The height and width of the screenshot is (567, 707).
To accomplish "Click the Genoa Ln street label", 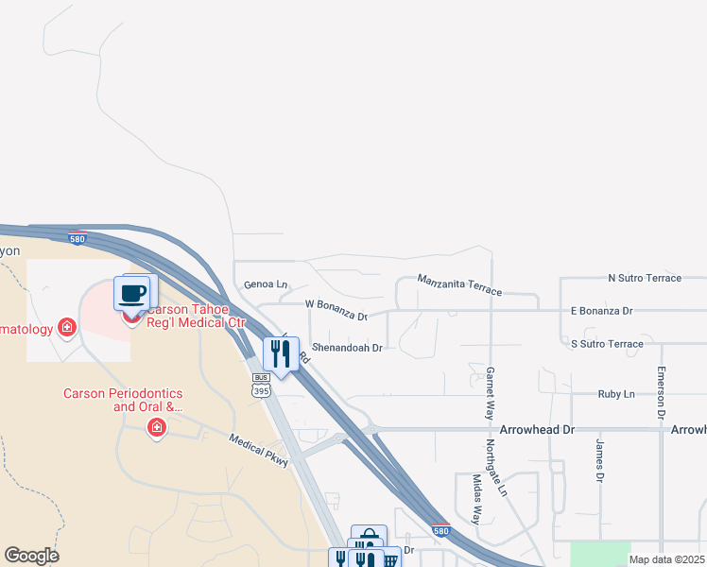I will coord(265,283).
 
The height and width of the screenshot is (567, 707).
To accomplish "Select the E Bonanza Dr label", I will coord(601,310).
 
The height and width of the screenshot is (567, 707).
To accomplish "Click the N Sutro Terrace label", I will coord(645,278).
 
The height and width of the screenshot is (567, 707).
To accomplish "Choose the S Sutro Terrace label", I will coord(607,344).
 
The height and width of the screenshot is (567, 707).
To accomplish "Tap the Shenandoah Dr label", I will coord(347,348).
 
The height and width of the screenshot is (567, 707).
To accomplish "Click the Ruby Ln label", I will coord(615,393).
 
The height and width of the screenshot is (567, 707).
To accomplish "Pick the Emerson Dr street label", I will coord(662,393).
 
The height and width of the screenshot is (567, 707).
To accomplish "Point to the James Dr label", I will coord(599,460).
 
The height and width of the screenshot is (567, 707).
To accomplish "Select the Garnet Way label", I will coord(491,392).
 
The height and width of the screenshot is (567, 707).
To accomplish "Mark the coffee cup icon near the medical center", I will coord(133,293).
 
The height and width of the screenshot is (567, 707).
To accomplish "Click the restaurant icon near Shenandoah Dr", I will coord(280,353).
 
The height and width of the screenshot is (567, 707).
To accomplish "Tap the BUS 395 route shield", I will coord(262,384).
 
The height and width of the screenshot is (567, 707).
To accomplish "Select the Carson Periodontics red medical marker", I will coord(156,429).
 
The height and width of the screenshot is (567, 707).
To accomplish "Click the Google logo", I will coord(32,556).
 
